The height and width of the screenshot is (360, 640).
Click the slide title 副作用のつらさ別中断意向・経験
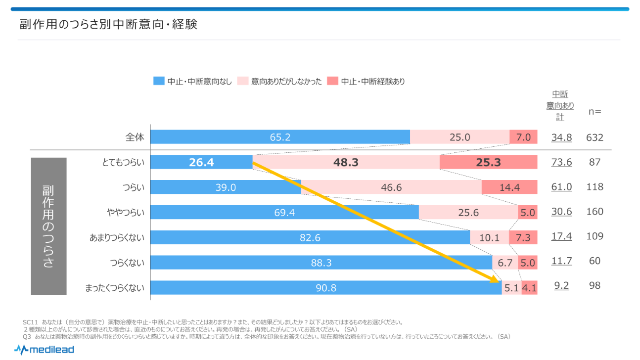(109, 24)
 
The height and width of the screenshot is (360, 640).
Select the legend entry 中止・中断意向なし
(193, 82)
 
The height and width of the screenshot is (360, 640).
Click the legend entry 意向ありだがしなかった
(280, 82)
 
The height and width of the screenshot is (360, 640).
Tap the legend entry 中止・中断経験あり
(366, 82)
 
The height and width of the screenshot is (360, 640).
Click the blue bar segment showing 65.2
(280, 137)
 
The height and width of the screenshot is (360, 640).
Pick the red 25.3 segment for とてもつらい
(488, 162)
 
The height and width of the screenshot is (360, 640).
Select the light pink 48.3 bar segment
(346, 162)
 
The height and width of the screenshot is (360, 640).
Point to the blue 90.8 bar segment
(325, 287)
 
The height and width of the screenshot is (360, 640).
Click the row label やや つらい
(127, 212)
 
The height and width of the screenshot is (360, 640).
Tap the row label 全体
(135, 137)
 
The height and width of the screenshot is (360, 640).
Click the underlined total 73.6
(561, 162)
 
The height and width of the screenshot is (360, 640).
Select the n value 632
(594, 137)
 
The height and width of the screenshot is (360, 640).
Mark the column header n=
(594, 111)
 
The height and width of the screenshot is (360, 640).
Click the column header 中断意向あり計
(560, 105)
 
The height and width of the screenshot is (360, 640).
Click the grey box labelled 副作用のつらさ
(48, 226)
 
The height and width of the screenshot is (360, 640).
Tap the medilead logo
(44, 350)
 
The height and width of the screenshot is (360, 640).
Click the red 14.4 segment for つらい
(509, 187)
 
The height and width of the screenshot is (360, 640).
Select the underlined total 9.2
(561, 286)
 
